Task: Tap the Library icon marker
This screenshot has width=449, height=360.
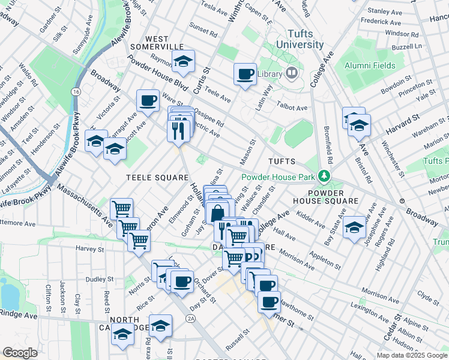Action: pos(292,74)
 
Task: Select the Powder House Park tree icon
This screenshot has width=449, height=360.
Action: pos(325,176)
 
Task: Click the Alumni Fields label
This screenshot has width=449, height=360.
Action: pos(370,65)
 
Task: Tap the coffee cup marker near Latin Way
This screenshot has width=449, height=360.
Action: pos(245,74)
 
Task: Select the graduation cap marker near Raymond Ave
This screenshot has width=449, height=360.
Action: pos(184,61)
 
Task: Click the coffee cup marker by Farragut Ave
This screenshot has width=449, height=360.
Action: pos(148,100)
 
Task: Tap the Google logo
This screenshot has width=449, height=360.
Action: pos(20,353)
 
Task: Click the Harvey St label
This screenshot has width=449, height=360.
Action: pos(91,248)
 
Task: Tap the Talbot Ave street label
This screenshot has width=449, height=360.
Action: pos(292,107)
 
